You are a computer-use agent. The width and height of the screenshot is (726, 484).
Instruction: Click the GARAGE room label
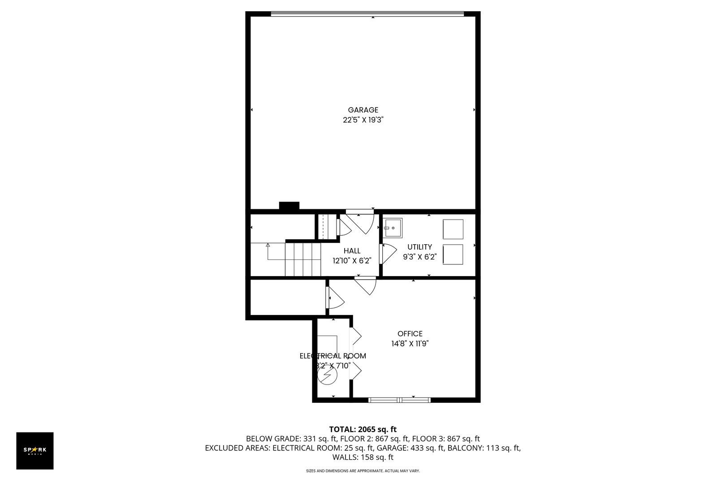coord(363,110)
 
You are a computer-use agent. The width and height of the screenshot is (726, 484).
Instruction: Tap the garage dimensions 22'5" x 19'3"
coord(363,120)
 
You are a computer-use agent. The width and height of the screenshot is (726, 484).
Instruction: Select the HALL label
coord(352,251)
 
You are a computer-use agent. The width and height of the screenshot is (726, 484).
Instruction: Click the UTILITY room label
coord(419,247)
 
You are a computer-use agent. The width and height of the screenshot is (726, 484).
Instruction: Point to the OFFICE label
coord(410,334)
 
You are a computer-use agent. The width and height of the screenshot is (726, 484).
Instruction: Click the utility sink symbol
coord(393,228)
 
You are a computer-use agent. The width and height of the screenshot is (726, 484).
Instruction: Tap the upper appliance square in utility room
coord(453,229)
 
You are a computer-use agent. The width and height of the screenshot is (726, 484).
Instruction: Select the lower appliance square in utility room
coord(453,254)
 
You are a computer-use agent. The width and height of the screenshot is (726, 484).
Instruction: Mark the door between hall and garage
coord(360,220)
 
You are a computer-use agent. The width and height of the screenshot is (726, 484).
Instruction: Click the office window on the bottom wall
coord(399,399)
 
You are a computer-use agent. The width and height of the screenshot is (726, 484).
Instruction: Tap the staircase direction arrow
coord(268,246)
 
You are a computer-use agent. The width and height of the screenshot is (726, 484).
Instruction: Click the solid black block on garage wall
coord(289,206)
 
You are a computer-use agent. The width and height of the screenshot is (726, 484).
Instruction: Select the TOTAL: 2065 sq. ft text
coord(363,429)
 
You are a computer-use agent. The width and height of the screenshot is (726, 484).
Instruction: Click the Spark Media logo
coord(35,450)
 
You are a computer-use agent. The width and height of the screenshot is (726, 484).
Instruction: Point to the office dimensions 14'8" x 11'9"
coord(410,344)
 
